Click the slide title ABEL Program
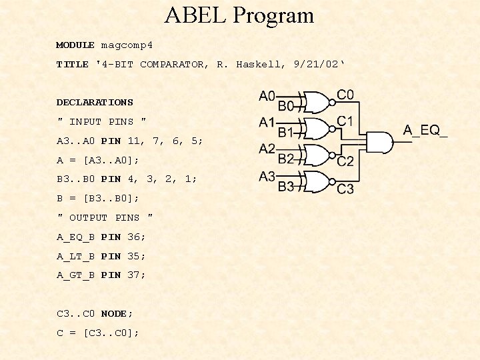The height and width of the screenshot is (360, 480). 239,15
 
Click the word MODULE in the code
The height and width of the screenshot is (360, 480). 75,45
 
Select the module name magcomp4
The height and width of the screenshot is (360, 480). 127,45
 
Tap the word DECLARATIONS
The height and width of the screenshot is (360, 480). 95,103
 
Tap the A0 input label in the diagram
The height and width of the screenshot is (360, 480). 267,97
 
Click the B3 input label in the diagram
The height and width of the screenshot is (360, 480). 286,187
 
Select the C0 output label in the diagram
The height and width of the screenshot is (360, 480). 345,95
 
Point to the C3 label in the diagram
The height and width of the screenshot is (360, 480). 345,189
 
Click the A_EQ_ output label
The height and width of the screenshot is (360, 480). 425,131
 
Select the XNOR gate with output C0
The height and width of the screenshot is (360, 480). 317,102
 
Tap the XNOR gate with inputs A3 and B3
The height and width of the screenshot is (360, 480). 317,181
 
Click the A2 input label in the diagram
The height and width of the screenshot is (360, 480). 267,149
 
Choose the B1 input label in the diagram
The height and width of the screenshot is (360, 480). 286,133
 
